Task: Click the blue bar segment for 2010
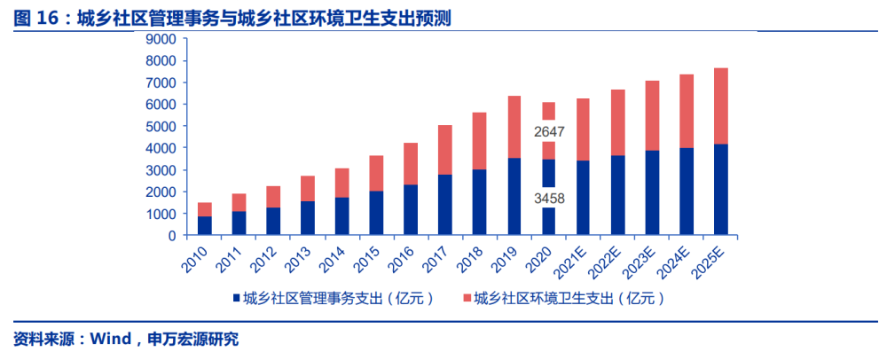pyautogui.click(x=204, y=226)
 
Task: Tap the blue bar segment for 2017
pyautogui.click(x=445, y=205)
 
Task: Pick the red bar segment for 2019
pyautogui.click(x=514, y=127)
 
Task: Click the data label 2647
pyautogui.click(x=549, y=132)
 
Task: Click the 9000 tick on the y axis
pyautogui.click(x=161, y=39)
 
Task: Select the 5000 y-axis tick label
pyautogui.click(x=161, y=127)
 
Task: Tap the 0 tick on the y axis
pyautogui.click(x=172, y=236)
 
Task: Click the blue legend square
pyautogui.click(x=237, y=298)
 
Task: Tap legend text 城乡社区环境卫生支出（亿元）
pyautogui.click(x=569, y=298)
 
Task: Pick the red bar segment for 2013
pyautogui.click(x=309, y=188)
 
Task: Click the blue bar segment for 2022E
pyautogui.click(x=617, y=195)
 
